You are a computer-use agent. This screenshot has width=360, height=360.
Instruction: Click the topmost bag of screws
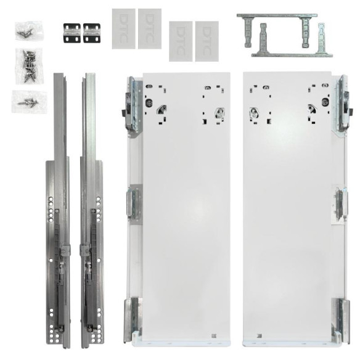(27, 28)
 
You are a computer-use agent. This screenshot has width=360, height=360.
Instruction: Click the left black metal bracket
(72, 33)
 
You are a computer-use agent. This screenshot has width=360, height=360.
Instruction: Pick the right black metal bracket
(92, 33)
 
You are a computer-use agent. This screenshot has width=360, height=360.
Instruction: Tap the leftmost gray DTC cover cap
(123, 28)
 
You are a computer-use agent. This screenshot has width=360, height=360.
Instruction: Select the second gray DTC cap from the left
(150, 28)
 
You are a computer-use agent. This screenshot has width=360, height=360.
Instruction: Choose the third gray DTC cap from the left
(181, 41)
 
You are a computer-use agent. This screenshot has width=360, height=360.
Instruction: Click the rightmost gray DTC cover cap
(207, 41)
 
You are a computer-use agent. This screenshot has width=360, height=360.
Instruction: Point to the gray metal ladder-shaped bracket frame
(284, 35)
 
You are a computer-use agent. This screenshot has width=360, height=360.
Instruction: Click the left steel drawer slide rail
(59, 210)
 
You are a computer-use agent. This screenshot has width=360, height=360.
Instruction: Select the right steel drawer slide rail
(90, 210)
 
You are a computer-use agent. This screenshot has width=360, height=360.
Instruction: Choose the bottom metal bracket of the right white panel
(339, 317)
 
